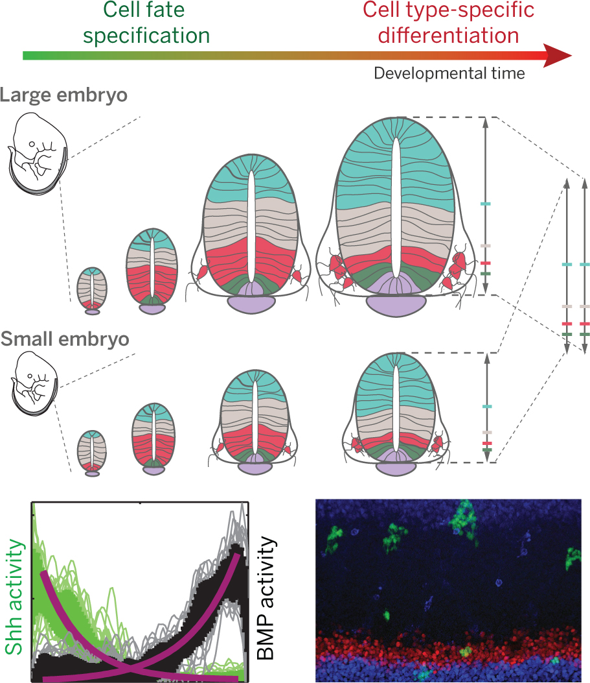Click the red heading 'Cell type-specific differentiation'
[x=448, y=23]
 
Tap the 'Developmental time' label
[x=449, y=73]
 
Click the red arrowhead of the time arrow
[x=558, y=56]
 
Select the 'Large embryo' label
[x=63, y=95]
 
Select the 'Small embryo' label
[x=64, y=339]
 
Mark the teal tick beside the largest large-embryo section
[x=485, y=204]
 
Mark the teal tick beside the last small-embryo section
[x=487, y=407]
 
